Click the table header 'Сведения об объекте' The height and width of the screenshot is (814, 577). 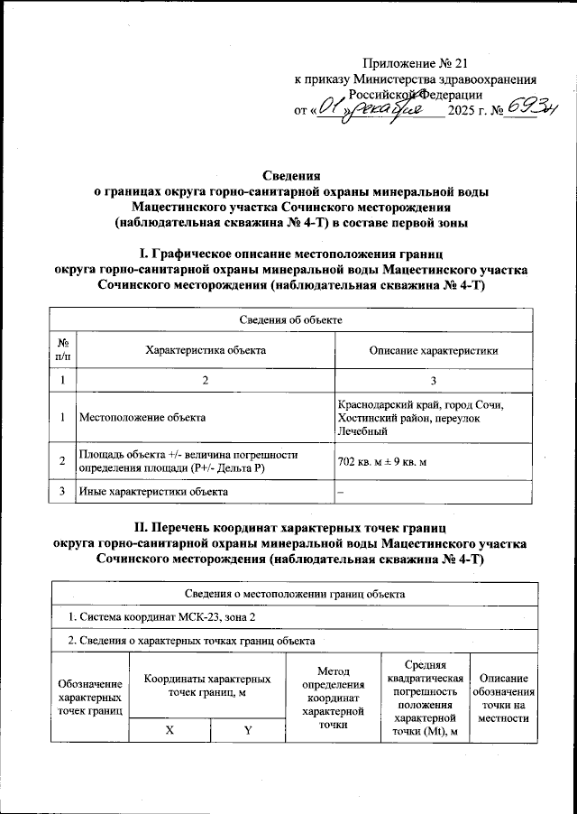pos(288,319)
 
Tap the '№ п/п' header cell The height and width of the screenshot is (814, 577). pos(63,350)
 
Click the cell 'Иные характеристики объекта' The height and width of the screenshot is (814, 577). pos(152,492)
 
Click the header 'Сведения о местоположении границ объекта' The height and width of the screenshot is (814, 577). pos(288,594)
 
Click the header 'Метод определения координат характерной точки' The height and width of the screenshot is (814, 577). pos(333,698)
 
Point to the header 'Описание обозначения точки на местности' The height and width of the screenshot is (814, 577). pos(504,698)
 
